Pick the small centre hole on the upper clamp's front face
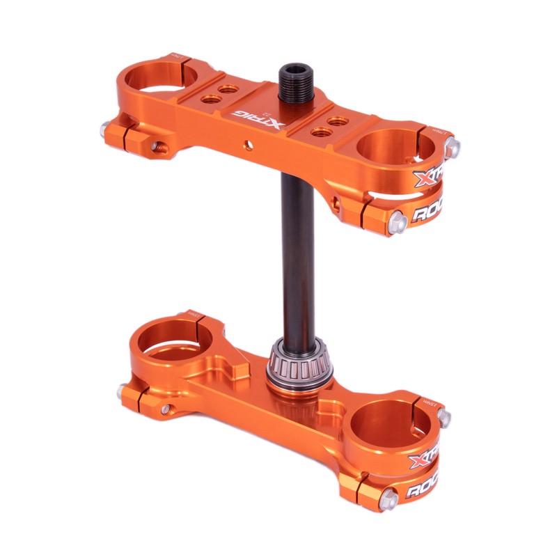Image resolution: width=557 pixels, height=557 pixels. (245, 147)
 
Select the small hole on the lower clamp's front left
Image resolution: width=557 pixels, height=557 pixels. (165, 410)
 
